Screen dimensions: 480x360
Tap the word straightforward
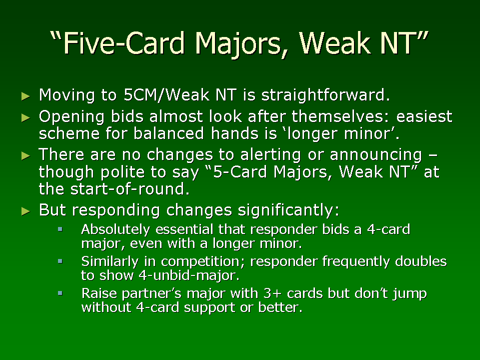(325, 95)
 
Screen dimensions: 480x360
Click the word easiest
(424, 116)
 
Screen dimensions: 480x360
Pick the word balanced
(168, 133)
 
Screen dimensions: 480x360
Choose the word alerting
(270, 155)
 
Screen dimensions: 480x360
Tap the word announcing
(376, 155)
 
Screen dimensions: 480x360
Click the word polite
(122, 172)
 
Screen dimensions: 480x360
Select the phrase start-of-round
(130, 189)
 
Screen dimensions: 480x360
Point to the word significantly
(288, 210)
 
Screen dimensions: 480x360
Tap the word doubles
(421, 261)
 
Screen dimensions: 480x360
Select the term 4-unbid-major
(189, 275)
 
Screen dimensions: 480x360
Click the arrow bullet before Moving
(26, 96)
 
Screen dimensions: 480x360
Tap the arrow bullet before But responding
(26, 211)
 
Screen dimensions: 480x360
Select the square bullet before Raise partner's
(60, 293)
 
